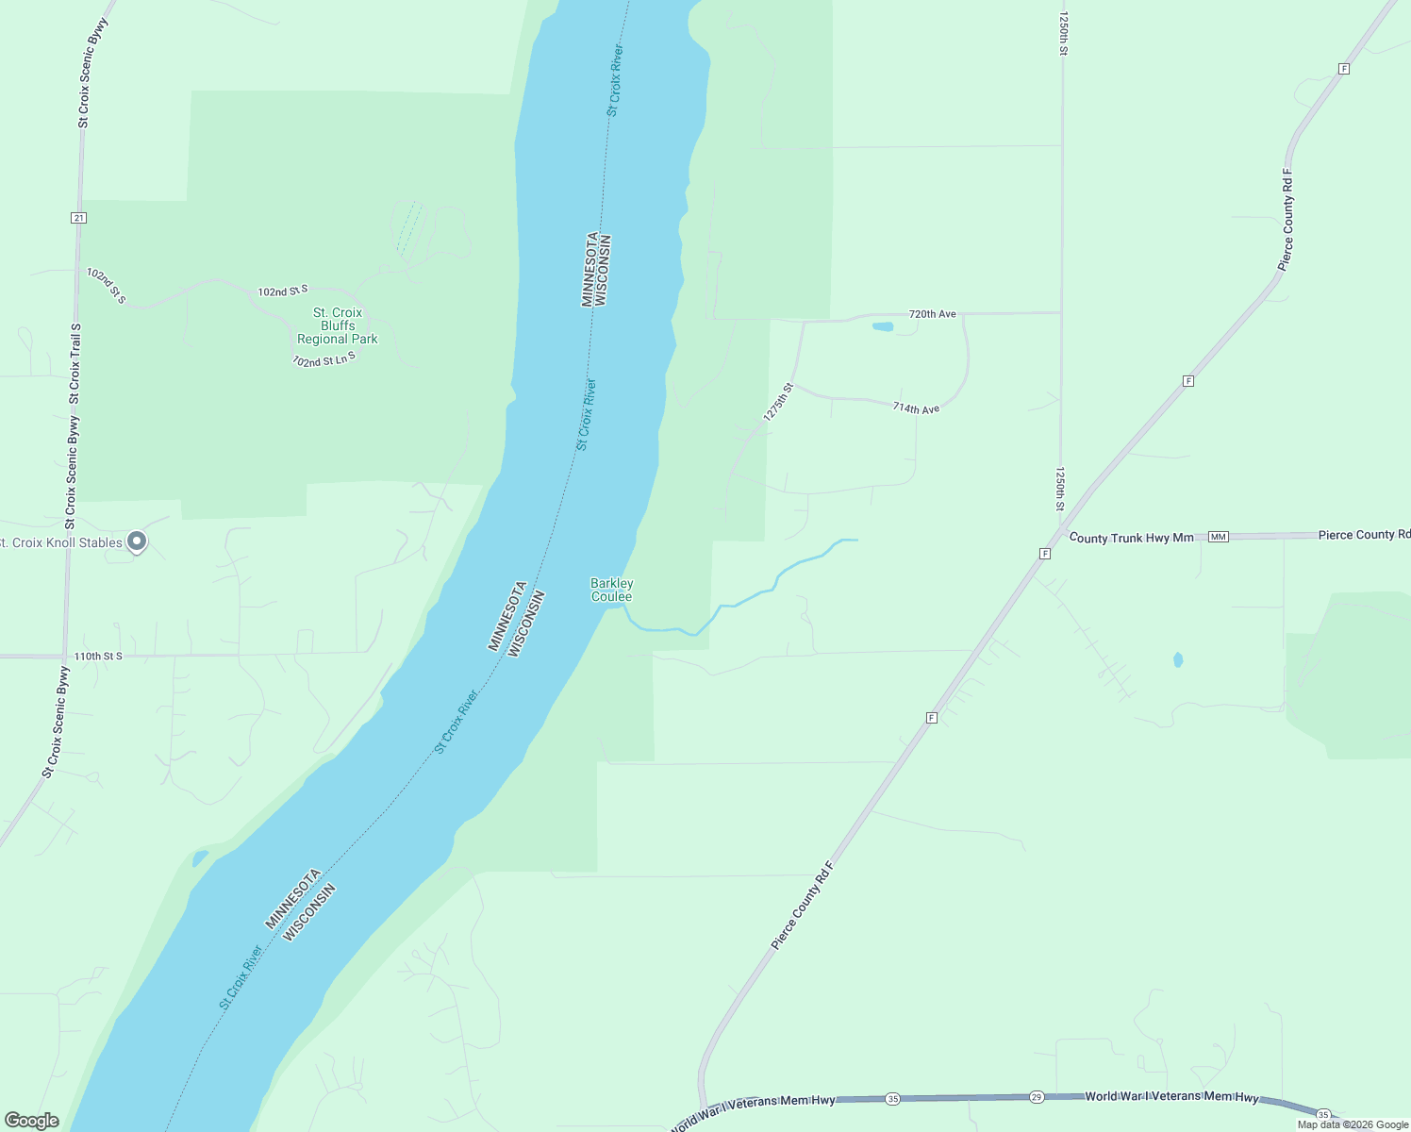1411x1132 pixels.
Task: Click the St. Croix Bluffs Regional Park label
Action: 337,325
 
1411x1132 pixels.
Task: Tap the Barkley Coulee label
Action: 611,590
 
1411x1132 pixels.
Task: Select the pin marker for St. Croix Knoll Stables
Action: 137,541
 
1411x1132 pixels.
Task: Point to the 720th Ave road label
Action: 932,314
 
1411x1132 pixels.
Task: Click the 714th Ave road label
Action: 916,408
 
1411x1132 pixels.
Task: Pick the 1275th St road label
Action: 779,402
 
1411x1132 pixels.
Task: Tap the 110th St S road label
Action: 98,656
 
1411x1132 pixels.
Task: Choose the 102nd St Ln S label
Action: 324,359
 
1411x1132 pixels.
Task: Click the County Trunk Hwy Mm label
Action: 1131,538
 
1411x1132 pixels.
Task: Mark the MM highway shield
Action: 1218,537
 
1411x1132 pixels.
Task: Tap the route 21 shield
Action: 78,218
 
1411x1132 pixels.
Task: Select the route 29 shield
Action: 1036,1097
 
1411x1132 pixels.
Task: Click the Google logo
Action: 32,1121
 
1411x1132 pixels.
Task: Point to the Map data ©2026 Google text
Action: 1353,1124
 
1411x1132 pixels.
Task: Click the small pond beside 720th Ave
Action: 883,327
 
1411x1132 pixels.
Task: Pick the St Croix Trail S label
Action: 75,363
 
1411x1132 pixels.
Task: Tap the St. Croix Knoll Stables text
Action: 60,542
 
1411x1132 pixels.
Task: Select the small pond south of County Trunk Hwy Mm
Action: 1178,659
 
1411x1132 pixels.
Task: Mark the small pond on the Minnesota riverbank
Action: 200,858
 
